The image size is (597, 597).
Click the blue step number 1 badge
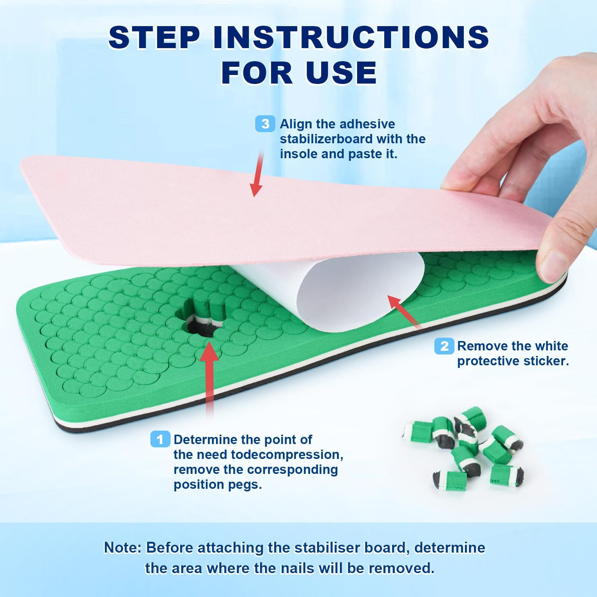point(160,439)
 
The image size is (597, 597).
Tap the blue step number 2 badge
point(444,346)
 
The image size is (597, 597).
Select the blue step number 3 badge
point(265,124)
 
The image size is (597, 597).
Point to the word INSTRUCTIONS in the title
point(351,37)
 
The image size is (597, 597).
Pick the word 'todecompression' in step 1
point(287,454)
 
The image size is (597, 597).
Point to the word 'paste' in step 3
point(364,154)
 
